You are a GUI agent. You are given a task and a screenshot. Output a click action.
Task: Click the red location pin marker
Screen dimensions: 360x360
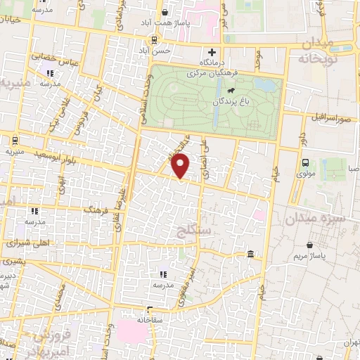tap(181, 166)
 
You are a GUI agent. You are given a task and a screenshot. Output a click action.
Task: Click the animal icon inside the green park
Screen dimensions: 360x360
tap(230, 90)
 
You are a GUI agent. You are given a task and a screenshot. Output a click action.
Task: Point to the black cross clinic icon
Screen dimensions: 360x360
tap(212, 53)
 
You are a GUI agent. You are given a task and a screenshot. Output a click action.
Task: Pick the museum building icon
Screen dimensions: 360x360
tap(250, 253)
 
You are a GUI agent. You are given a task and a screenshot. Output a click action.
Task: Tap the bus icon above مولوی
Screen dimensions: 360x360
tap(304, 163)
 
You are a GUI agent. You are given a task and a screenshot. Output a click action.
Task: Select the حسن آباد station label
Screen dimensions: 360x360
tap(155, 51)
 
